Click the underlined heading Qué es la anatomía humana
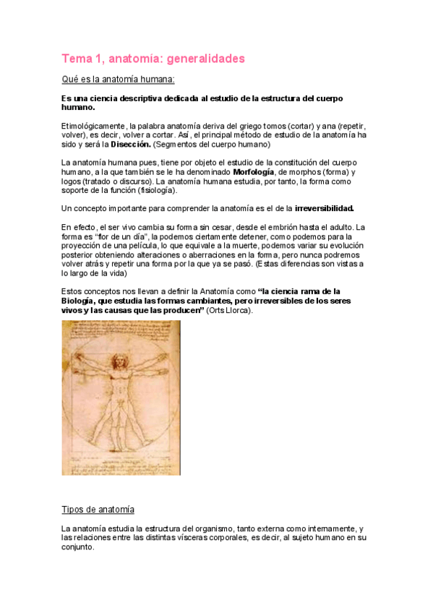(x=118, y=79)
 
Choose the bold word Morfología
(x=254, y=172)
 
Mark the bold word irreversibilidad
(x=325, y=208)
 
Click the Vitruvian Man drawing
(x=121, y=398)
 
